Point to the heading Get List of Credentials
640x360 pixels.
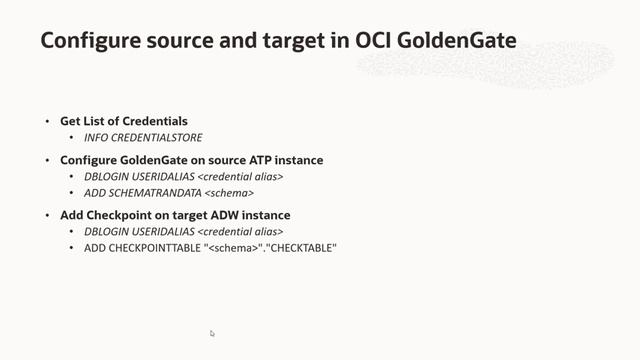point(124,122)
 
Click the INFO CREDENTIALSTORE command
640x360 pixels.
point(144,137)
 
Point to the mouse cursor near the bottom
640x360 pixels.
point(212,334)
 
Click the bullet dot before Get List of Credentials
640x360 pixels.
point(47,122)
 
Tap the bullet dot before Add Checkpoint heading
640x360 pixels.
point(47,215)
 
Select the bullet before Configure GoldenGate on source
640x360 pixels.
point(47,160)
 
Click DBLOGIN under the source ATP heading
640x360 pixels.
point(106,176)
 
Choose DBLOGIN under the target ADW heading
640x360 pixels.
point(106,231)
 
